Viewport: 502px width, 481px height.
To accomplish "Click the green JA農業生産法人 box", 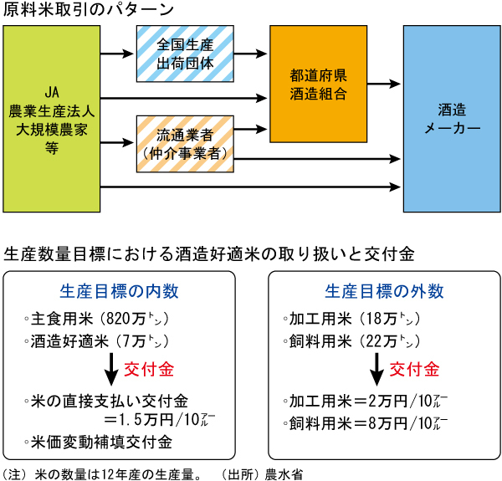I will pos(51,118).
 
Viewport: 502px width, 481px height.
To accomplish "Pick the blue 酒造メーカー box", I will pos(452,119).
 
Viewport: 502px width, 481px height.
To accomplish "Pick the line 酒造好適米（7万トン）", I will pos(96,341).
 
